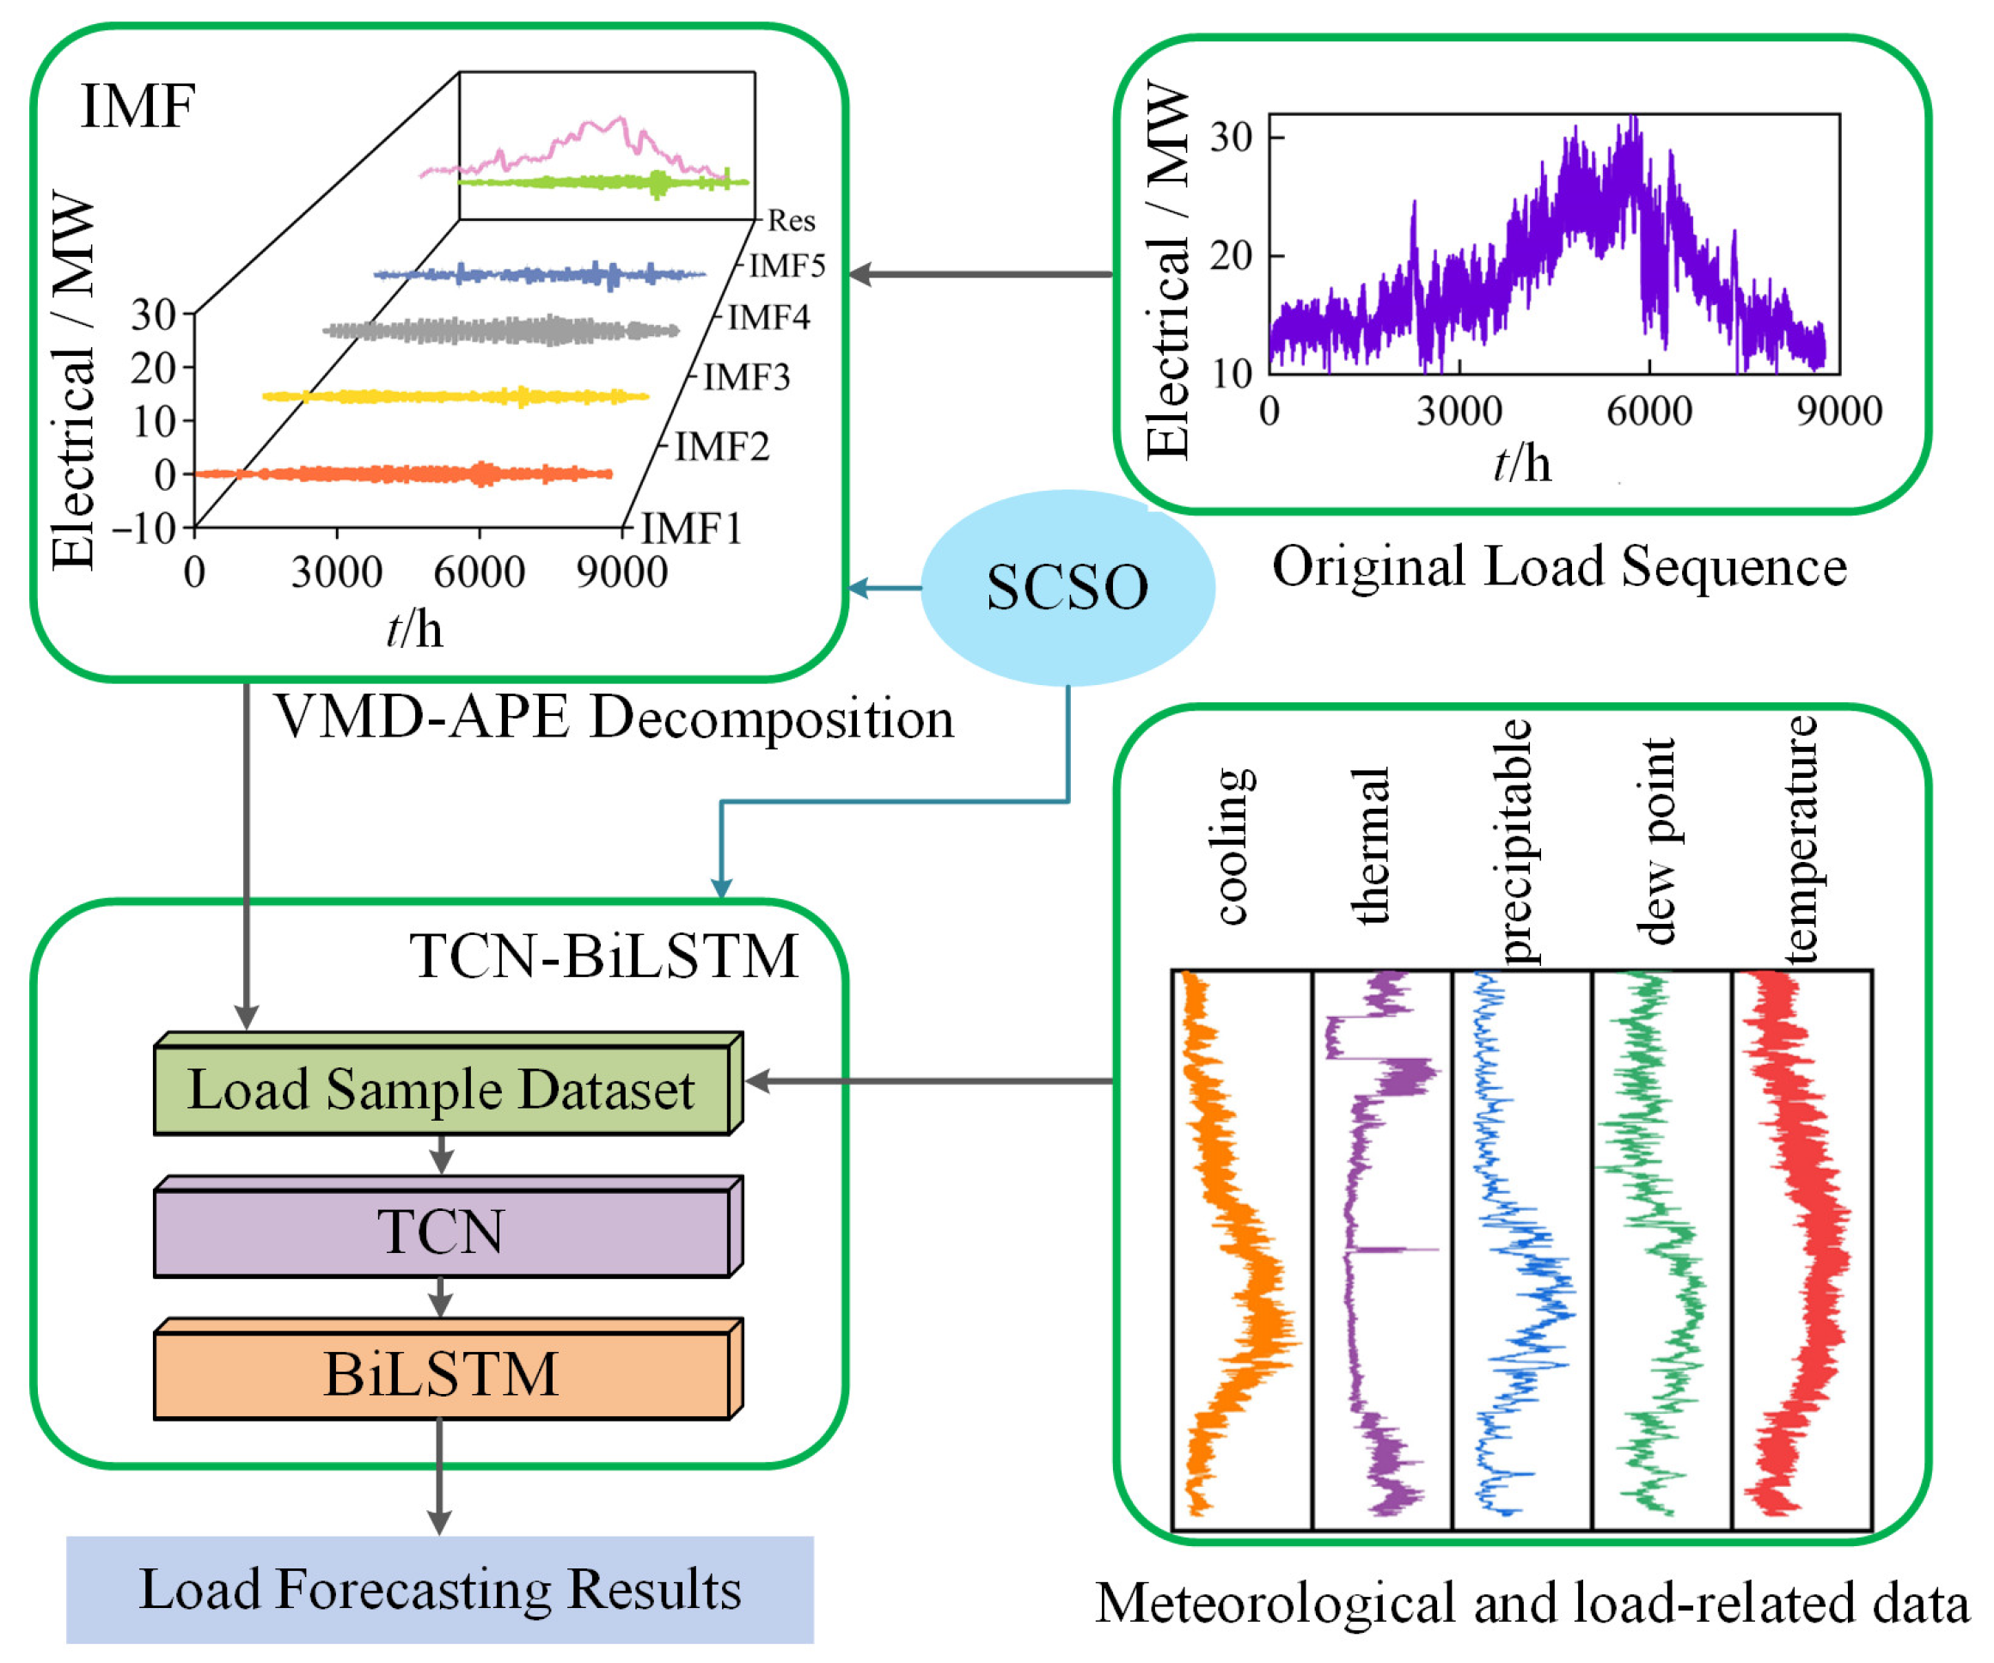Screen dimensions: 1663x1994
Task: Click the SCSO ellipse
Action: (x=1067, y=587)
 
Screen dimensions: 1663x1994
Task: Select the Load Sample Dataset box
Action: (x=442, y=1089)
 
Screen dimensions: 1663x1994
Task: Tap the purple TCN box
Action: (x=442, y=1231)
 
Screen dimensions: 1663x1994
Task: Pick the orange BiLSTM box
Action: (x=442, y=1373)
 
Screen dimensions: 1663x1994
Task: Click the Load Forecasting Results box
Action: (x=440, y=1589)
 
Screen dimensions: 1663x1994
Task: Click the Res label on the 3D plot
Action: (x=791, y=221)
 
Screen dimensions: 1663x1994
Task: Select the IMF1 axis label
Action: (x=691, y=528)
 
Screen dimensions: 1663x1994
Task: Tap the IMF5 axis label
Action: (x=787, y=266)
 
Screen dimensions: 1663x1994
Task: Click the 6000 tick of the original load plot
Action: (x=1648, y=411)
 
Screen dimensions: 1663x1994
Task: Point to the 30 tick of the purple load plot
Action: (x=1232, y=138)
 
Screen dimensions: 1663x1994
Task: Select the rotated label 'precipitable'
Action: (x=1514, y=842)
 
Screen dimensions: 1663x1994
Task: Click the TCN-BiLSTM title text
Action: (x=604, y=955)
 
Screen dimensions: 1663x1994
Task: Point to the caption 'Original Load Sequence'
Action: (x=1559, y=566)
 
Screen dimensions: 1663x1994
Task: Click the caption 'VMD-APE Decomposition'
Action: (x=615, y=717)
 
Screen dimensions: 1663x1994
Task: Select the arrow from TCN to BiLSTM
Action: (x=440, y=1298)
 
